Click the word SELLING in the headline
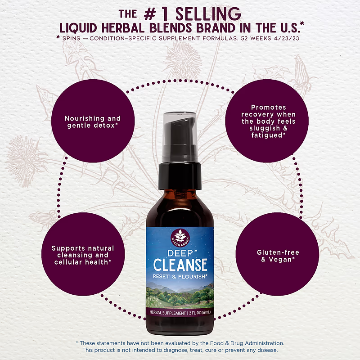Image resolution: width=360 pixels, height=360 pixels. click(x=208, y=14)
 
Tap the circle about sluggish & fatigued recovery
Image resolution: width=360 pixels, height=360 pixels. click(x=269, y=121)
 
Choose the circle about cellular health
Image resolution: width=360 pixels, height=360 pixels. click(x=83, y=255)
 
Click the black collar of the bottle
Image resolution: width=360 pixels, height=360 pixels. click(x=180, y=175)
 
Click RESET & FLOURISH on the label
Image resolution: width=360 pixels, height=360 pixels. click(x=180, y=276)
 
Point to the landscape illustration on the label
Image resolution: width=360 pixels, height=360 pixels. click(x=180, y=295)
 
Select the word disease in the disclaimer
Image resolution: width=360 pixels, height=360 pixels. click(x=267, y=350)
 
